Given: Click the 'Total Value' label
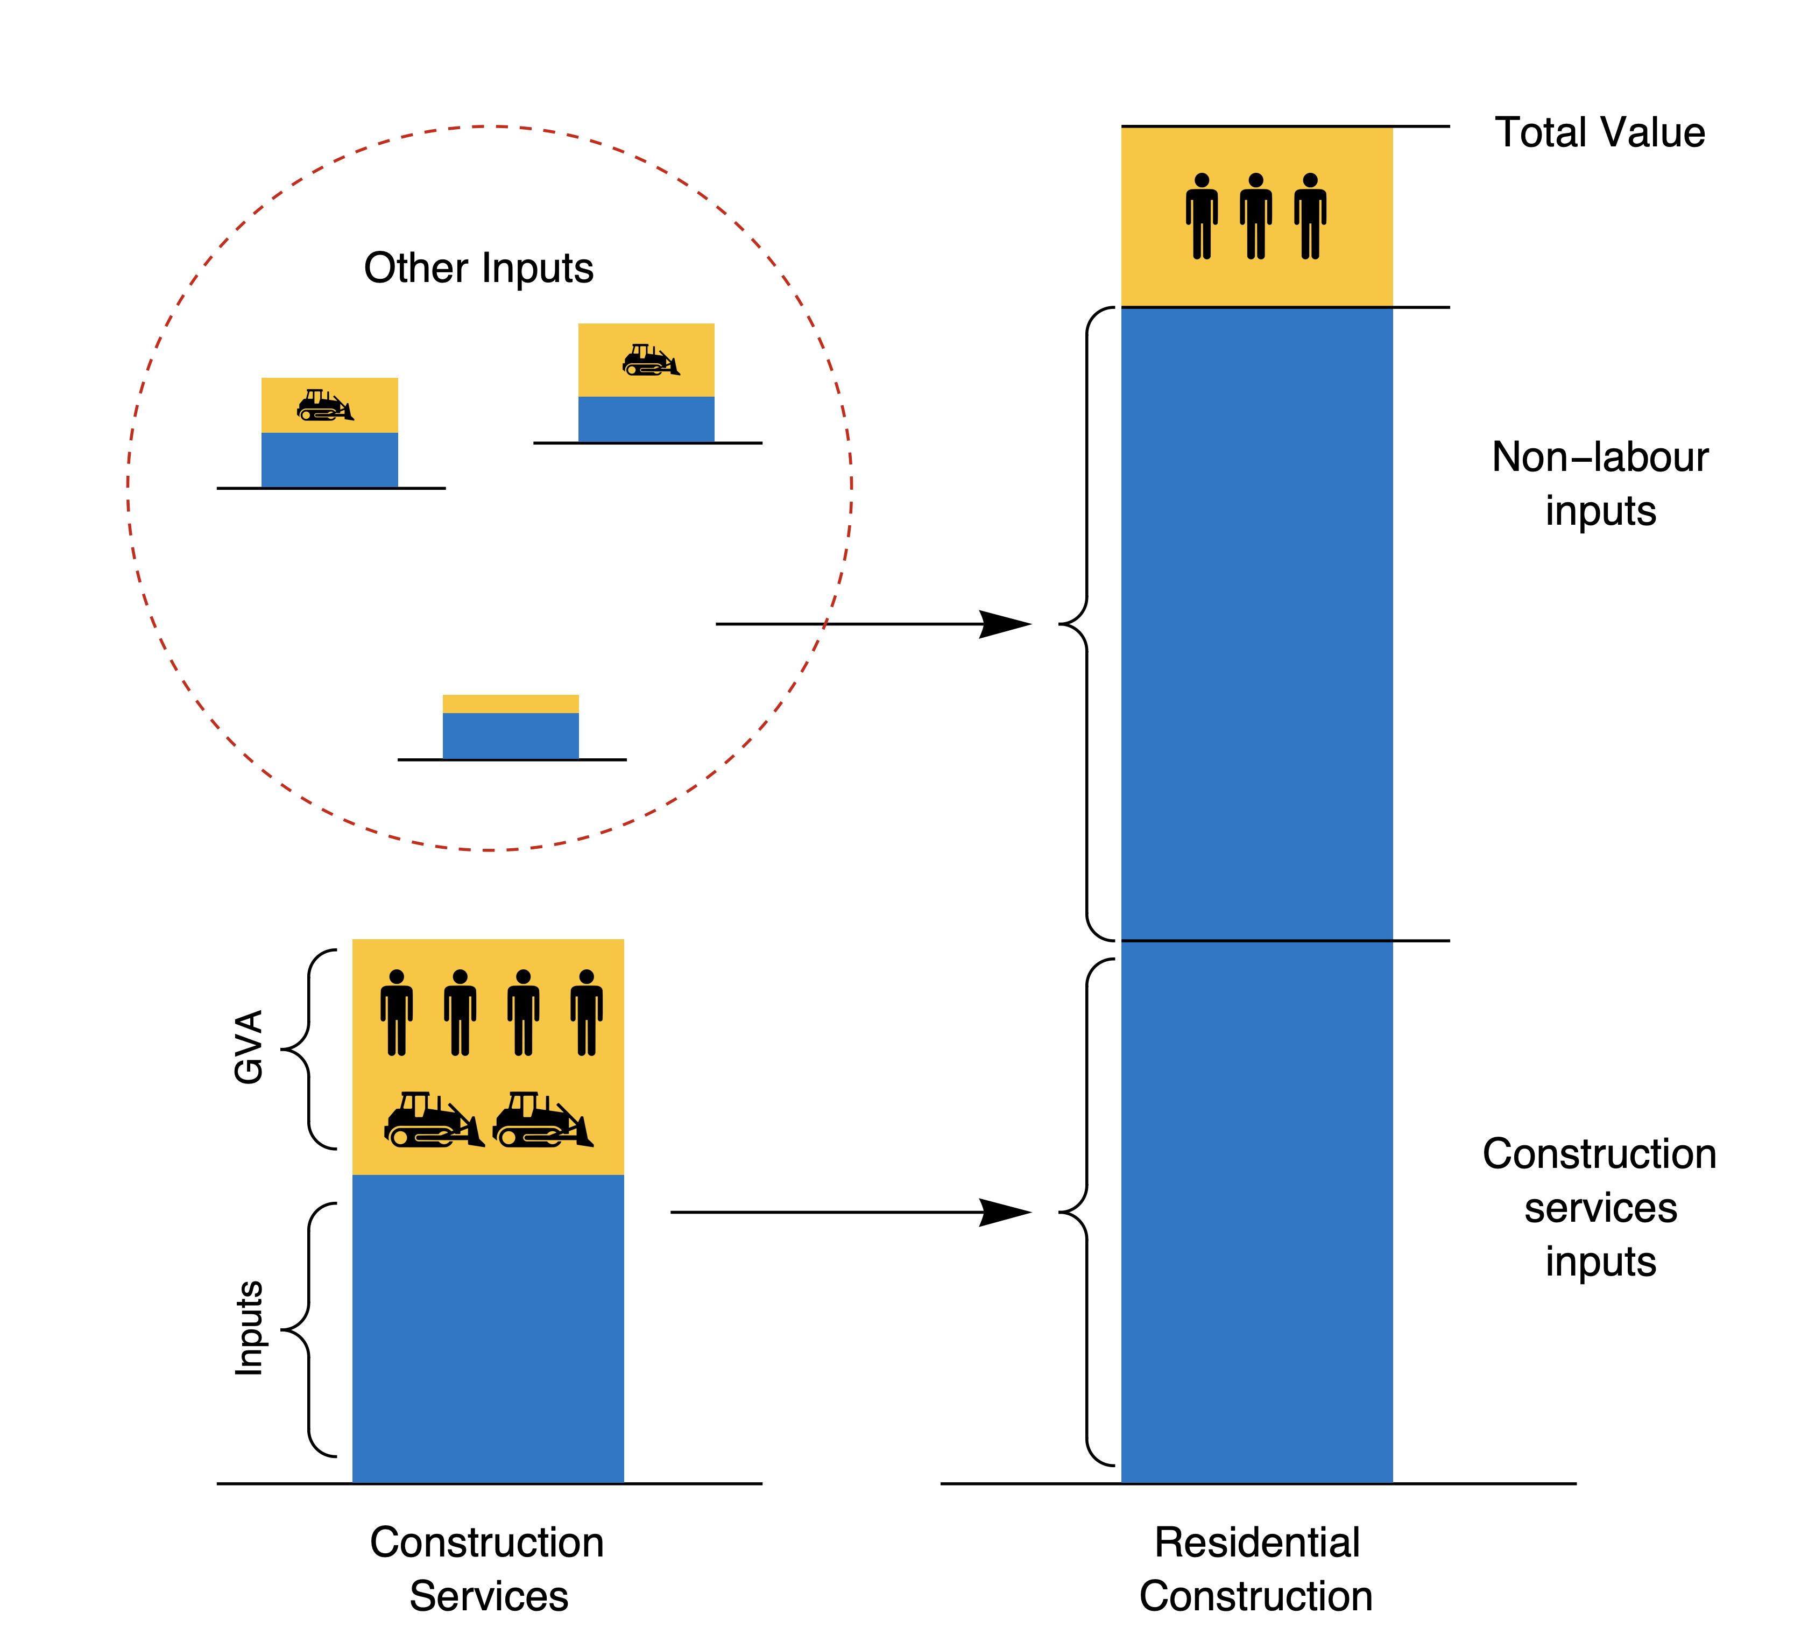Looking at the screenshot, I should coord(1599,132).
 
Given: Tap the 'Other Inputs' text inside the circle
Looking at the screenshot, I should coord(479,268).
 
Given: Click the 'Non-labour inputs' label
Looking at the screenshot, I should coord(1599,483).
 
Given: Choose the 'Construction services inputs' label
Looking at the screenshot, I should coord(1599,1207).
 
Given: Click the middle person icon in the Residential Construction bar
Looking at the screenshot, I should coord(1255,216).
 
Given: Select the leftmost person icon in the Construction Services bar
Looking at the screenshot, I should coord(397,1013).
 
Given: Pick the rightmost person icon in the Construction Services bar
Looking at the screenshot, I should coord(587,1013).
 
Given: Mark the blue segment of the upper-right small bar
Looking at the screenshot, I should coord(646,419).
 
